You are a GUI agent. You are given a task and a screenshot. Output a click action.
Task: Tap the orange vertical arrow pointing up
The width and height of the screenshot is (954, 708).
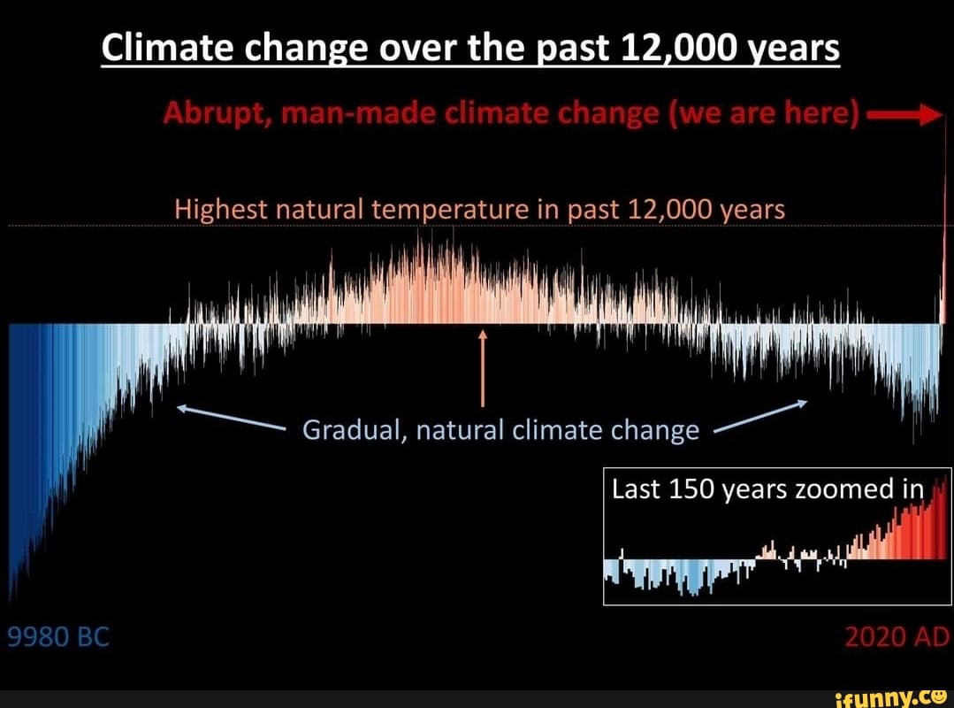click(x=483, y=372)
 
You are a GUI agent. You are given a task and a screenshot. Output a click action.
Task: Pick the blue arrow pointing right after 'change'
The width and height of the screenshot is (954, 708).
click(x=760, y=417)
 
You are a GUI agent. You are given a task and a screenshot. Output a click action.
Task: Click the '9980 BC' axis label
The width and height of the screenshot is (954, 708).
click(x=57, y=636)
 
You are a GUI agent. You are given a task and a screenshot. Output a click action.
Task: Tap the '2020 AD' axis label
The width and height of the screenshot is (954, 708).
click(x=896, y=636)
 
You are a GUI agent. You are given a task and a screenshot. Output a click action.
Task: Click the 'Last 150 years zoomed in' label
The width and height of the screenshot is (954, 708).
click(x=767, y=489)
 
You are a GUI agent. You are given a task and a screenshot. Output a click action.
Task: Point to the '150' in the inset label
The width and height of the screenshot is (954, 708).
click(x=691, y=489)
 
